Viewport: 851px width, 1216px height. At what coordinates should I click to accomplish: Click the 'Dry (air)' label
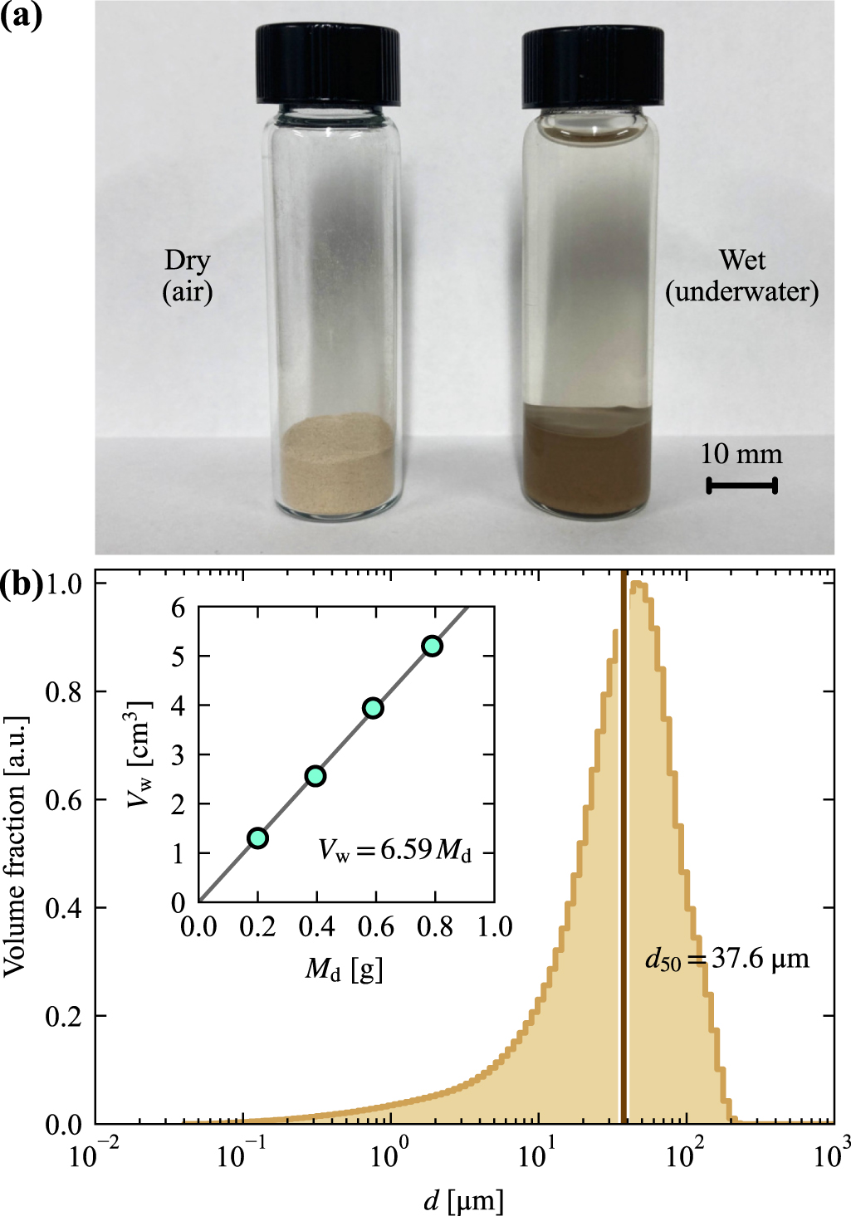[188, 276]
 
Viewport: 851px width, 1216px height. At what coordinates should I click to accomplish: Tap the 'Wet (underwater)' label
[741, 276]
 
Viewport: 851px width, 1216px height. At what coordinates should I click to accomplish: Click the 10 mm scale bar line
[741, 486]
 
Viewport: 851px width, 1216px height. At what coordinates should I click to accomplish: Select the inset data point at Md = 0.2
[257, 838]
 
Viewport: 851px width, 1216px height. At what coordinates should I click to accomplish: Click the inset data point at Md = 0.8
[432, 646]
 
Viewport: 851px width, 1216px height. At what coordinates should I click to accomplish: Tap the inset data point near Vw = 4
[373, 708]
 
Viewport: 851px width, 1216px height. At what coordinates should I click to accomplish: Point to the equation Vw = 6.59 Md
[395, 851]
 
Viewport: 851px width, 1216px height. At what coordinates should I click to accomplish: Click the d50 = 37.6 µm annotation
[726, 960]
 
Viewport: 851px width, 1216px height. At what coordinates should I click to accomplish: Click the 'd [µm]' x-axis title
[463, 1200]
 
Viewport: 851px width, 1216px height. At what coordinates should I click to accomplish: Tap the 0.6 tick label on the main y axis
[64, 800]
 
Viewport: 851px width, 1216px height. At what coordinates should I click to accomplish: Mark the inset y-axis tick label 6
[179, 608]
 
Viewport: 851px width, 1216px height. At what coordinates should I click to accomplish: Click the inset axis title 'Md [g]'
[344, 969]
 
